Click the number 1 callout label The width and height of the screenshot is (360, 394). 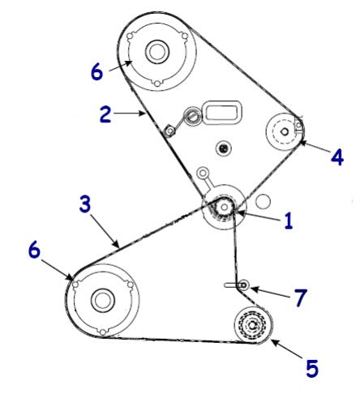click(x=288, y=221)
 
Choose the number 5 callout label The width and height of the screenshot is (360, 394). click(x=312, y=369)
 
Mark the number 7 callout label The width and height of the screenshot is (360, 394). click(x=300, y=298)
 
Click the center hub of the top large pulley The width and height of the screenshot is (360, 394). click(x=156, y=52)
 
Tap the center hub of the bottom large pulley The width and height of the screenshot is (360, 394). click(x=102, y=300)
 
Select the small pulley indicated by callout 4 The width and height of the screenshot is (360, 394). click(x=286, y=129)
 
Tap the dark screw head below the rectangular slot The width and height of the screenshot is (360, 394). click(x=225, y=148)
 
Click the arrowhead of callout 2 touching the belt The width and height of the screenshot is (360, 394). click(x=146, y=115)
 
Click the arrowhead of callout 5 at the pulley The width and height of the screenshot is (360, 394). click(x=271, y=341)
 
